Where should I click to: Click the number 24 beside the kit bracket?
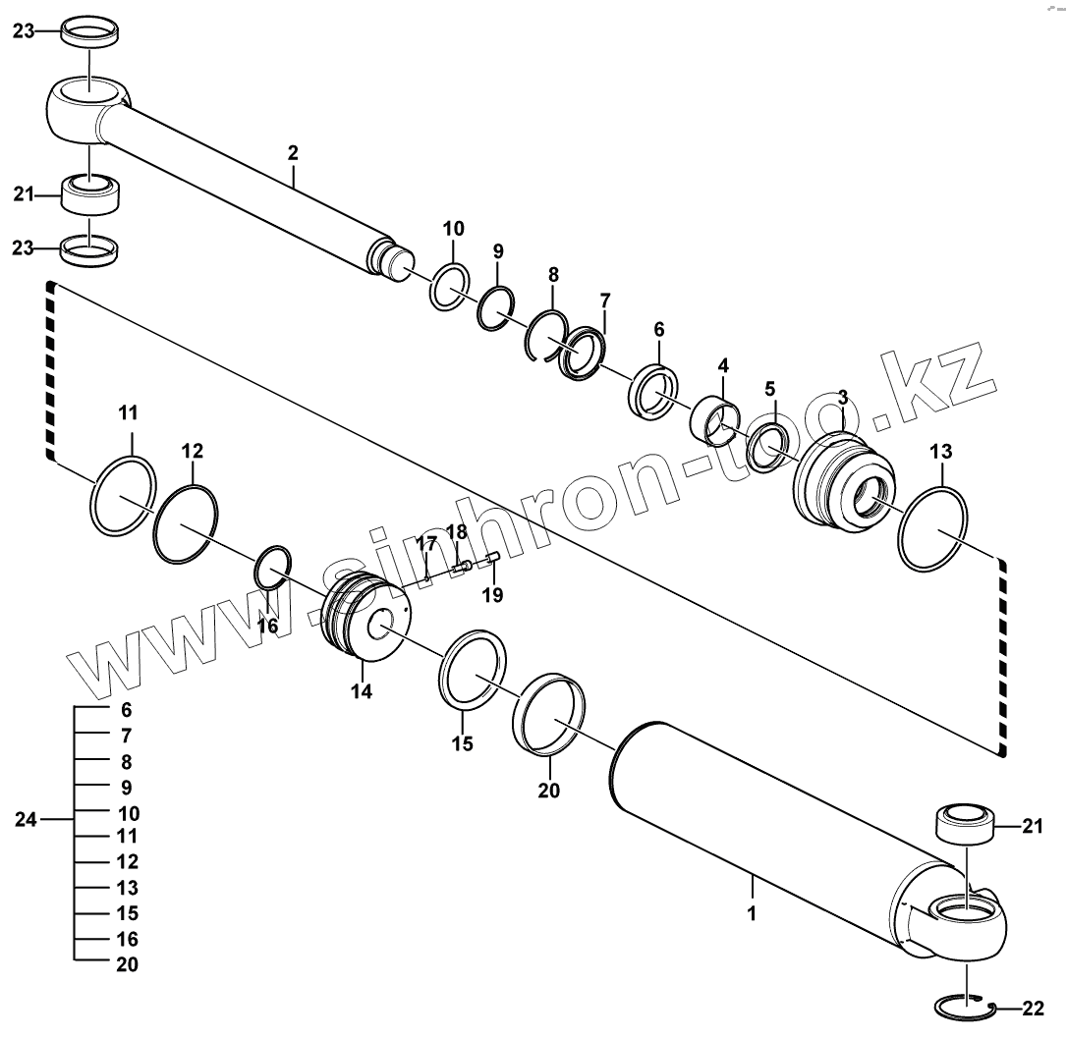27,819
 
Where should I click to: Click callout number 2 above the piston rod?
293,152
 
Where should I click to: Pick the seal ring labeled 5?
767,447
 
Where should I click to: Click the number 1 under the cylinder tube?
752,913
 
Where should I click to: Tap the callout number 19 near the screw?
491,594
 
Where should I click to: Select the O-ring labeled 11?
123,497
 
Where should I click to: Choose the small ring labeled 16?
273,569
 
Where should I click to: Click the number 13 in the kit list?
128,888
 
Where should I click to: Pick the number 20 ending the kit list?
128,964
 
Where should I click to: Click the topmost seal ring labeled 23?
90,32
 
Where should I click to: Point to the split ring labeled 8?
543,335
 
